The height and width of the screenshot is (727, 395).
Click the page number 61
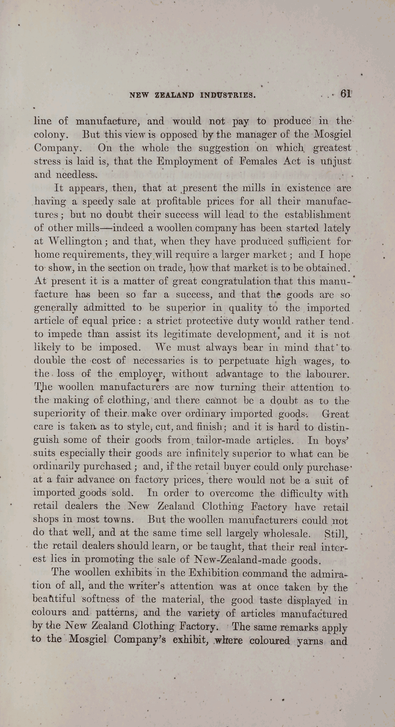click(346, 94)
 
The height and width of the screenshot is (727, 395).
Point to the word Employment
click(187, 161)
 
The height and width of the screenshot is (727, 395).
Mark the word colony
click(50, 135)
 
